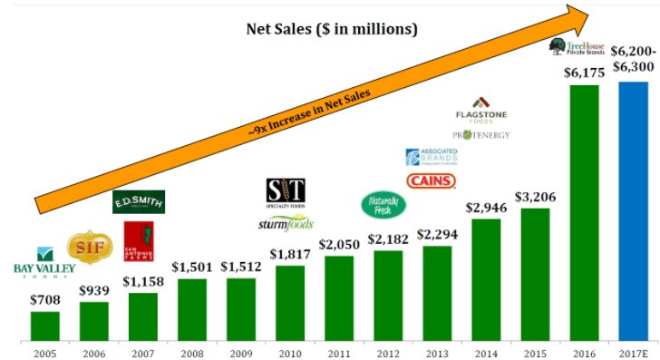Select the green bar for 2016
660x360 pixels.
point(570,212)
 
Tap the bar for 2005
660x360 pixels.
point(44,326)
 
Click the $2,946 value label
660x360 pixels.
point(486,207)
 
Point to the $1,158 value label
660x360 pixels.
point(143,281)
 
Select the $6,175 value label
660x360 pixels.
point(570,72)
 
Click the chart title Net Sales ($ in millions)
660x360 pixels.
point(332,29)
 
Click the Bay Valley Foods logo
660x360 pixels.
point(44,262)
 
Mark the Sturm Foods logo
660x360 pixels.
point(286,222)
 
